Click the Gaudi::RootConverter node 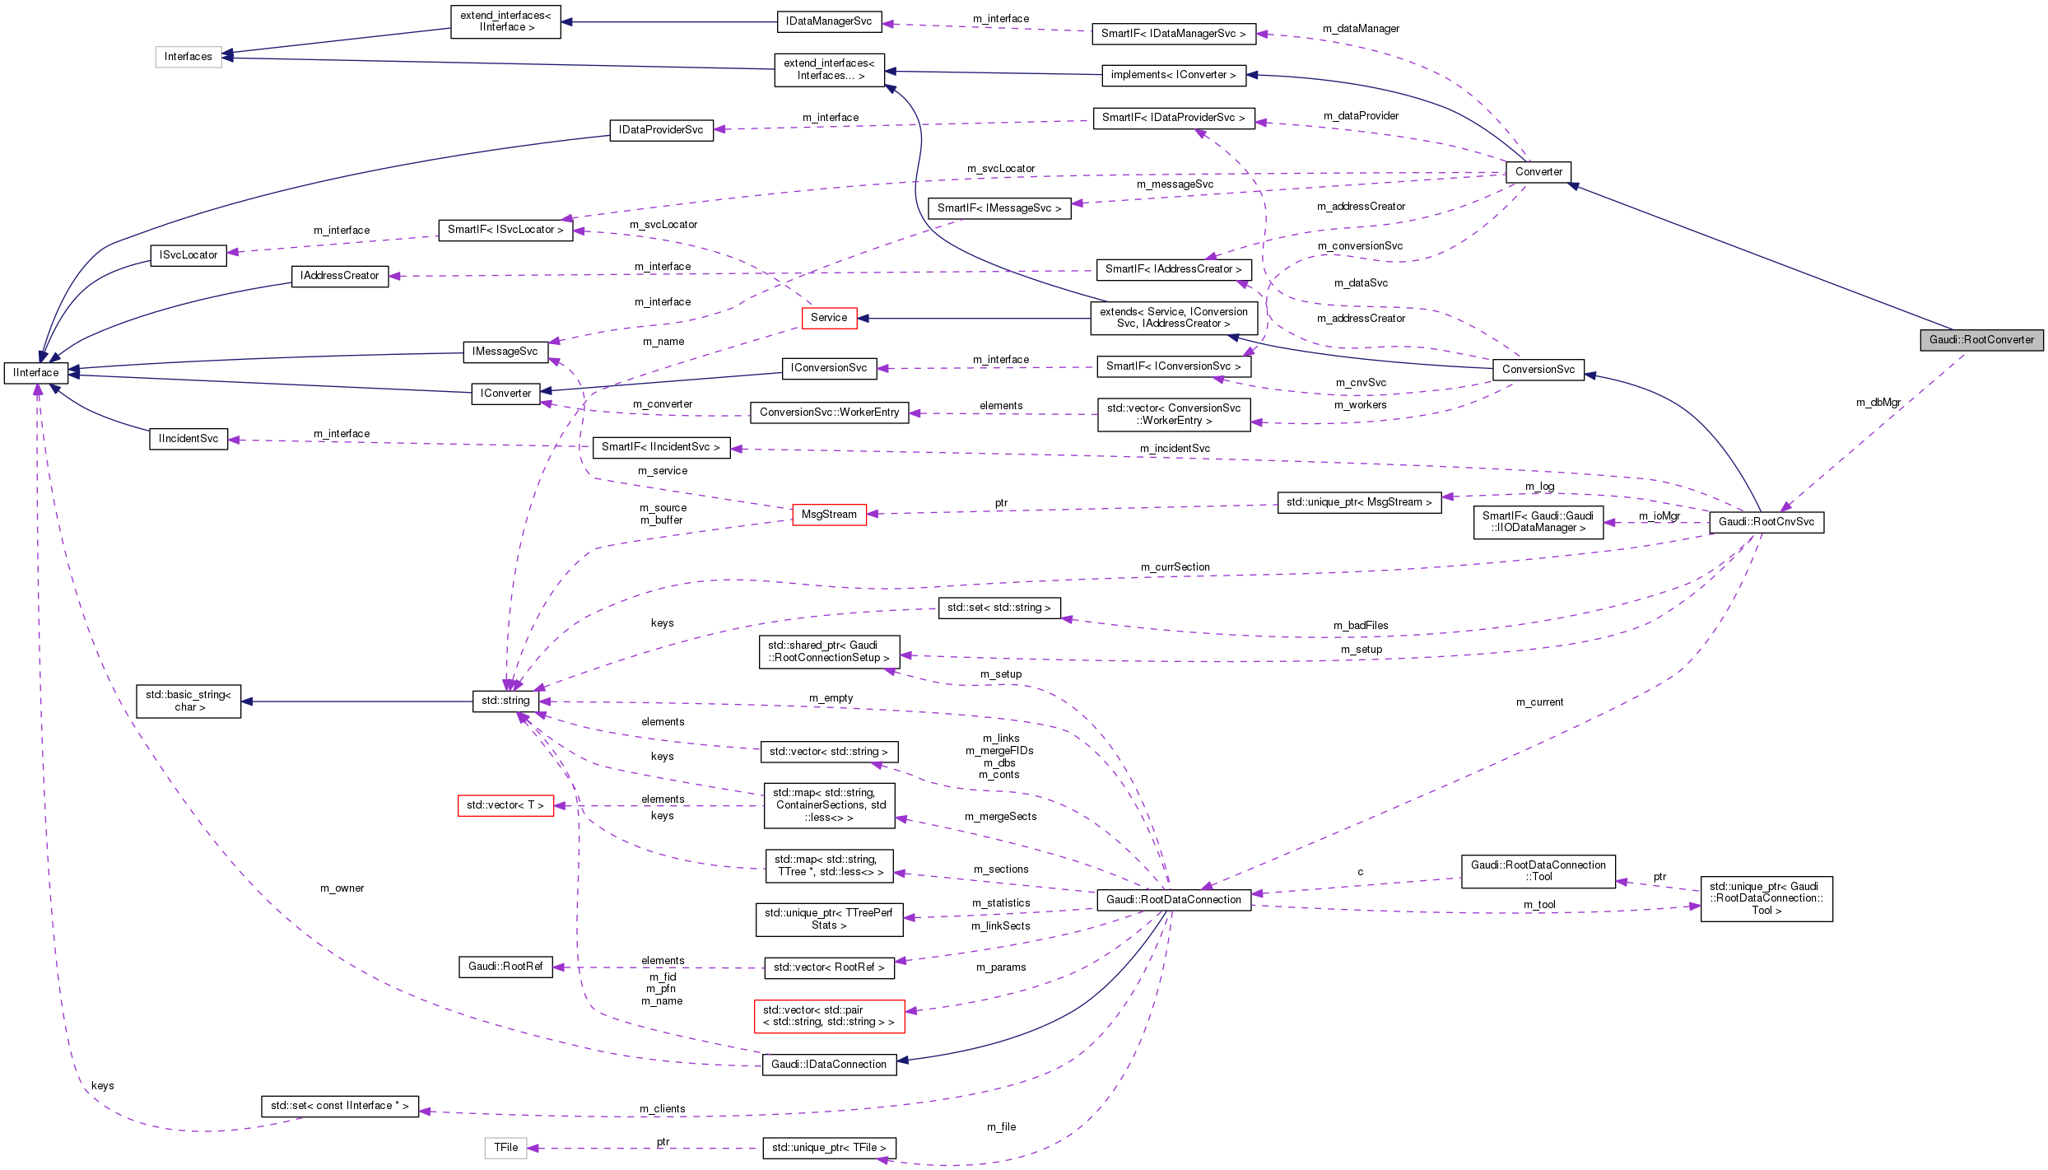pyautogui.click(x=1981, y=339)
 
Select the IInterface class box pyautogui.click(x=36, y=372)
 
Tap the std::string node pyautogui.click(x=505, y=701)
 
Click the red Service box pyautogui.click(x=829, y=317)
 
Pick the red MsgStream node pyautogui.click(x=829, y=514)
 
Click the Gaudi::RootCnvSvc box pyautogui.click(x=1766, y=521)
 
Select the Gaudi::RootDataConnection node pyautogui.click(x=1173, y=899)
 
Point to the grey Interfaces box pyautogui.click(x=189, y=56)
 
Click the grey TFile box pyautogui.click(x=505, y=1147)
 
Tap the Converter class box pyautogui.click(x=1538, y=171)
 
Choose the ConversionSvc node pyautogui.click(x=1538, y=369)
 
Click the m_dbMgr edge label pyautogui.click(x=1878, y=403)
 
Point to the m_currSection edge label pyautogui.click(x=1175, y=566)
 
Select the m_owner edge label pyautogui.click(x=342, y=888)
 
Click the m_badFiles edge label pyautogui.click(x=1360, y=625)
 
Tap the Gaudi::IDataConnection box pyautogui.click(x=829, y=1064)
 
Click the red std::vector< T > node pyautogui.click(x=505, y=804)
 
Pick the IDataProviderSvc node pyautogui.click(x=661, y=130)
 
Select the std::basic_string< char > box pyautogui.click(x=189, y=701)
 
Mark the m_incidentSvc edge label pyautogui.click(x=1175, y=448)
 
